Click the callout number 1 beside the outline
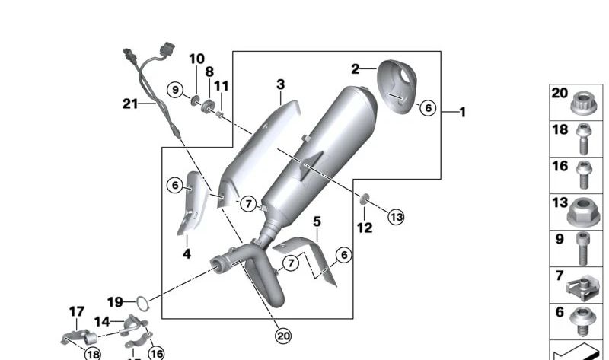pyautogui.click(x=462, y=112)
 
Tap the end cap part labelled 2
pyautogui.click(x=397, y=86)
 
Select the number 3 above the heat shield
pyautogui.click(x=280, y=84)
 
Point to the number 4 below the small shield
pyautogui.click(x=187, y=253)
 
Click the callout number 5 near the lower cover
pyautogui.click(x=317, y=221)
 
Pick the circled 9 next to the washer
pyautogui.click(x=175, y=90)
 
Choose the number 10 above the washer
pyautogui.click(x=196, y=59)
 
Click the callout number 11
pyautogui.click(x=222, y=85)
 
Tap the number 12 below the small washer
pyautogui.click(x=365, y=228)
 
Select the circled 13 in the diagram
pyautogui.click(x=396, y=217)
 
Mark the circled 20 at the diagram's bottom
pyautogui.click(x=283, y=336)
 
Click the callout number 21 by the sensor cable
pyautogui.click(x=130, y=104)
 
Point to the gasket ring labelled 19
pyautogui.click(x=142, y=304)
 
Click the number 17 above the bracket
pyautogui.click(x=77, y=311)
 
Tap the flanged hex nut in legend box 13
pyautogui.click(x=583, y=212)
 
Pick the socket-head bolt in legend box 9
pyautogui.click(x=582, y=248)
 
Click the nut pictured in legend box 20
pyautogui.click(x=583, y=104)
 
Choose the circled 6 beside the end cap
pyautogui.click(x=428, y=107)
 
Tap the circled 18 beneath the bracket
pyautogui.click(x=93, y=354)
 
